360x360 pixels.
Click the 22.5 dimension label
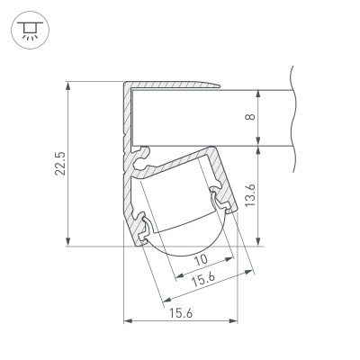click(x=59, y=164)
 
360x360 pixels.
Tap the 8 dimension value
click(x=250, y=116)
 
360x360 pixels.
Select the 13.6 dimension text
click(x=249, y=195)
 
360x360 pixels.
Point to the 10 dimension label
click(x=202, y=259)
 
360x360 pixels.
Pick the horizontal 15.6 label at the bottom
click(x=181, y=314)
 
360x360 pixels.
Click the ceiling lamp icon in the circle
click(x=30, y=31)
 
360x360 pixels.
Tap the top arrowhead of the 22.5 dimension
click(x=68, y=85)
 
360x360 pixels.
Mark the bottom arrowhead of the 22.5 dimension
click(x=68, y=242)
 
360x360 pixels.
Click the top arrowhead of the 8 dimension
click(x=258, y=94)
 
